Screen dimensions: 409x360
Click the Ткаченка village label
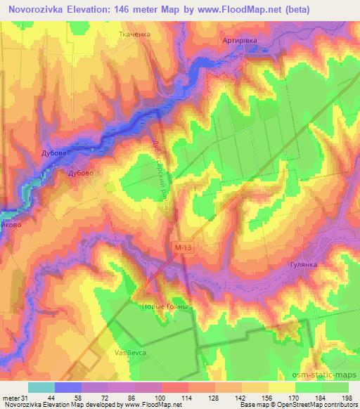tap(133, 33)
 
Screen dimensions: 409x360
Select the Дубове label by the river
tap(53, 152)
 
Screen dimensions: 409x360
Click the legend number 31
tap(26, 397)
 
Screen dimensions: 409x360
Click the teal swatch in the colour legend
tap(41, 387)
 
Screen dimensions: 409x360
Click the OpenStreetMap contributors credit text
tap(319, 405)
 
